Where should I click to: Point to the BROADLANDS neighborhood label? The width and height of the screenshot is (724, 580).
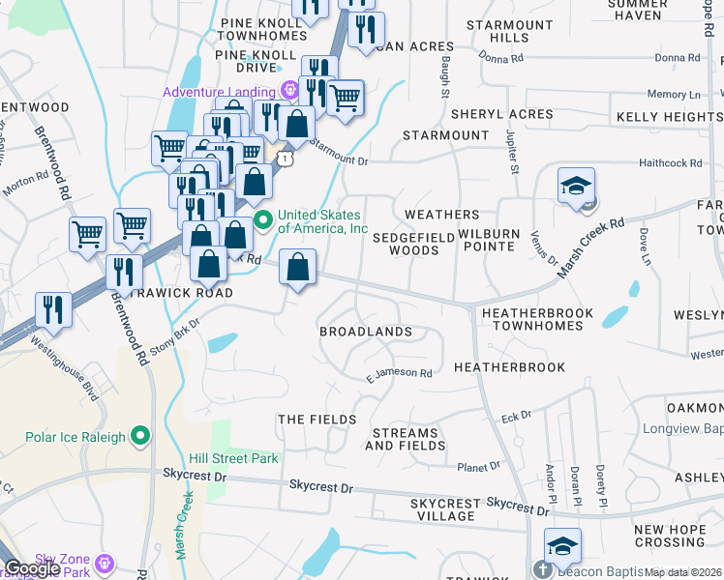tap(366, 332)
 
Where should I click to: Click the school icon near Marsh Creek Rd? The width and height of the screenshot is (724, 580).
tap(576, 187)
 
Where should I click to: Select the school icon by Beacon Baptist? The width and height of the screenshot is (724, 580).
tap(562, 547)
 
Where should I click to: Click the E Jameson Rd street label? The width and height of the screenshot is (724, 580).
tap(399, 372)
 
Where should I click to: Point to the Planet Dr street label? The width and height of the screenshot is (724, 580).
tap(478, 466)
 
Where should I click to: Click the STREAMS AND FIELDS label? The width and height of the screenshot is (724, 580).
tap(406, 440)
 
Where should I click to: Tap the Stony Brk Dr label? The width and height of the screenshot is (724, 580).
tap(174, 333)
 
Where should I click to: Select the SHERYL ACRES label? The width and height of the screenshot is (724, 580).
tap(501, 114)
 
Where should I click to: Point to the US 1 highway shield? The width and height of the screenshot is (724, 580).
tap(284, 156)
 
